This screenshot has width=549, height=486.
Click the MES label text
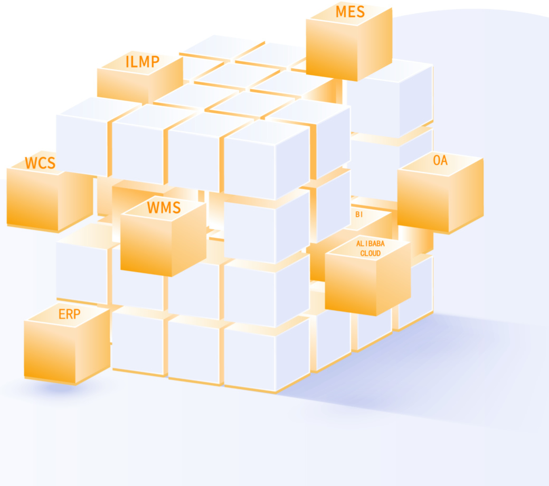click(350, 12)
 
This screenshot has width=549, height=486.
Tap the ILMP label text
click(142, 62)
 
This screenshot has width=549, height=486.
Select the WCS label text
click(40, 163)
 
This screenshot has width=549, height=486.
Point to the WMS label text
click(164, 208)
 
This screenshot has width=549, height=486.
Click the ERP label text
click(69, 314)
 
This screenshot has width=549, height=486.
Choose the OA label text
click(440, 161)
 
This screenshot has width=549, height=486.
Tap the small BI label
click(359, 214)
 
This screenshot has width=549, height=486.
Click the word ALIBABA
click(370, 244)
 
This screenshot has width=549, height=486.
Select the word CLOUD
click(370, 253)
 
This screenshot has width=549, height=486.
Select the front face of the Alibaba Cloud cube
click(350, 285)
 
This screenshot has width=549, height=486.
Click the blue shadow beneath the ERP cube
click(58, 388)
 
